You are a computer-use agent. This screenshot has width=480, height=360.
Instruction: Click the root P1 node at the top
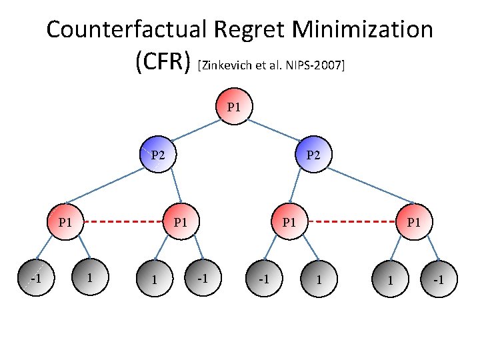(x=234, y=107)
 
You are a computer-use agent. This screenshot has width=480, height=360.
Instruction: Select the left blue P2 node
(x=158, y=155)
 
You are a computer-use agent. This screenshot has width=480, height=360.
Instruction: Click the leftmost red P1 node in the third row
(x=65, y=221)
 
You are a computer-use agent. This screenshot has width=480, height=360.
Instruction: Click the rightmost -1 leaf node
(x=438, y=279)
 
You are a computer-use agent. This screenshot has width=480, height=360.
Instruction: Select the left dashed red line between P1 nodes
(x=123, y=221)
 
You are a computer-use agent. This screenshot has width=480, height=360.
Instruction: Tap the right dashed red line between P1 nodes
(x=351, y=221)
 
